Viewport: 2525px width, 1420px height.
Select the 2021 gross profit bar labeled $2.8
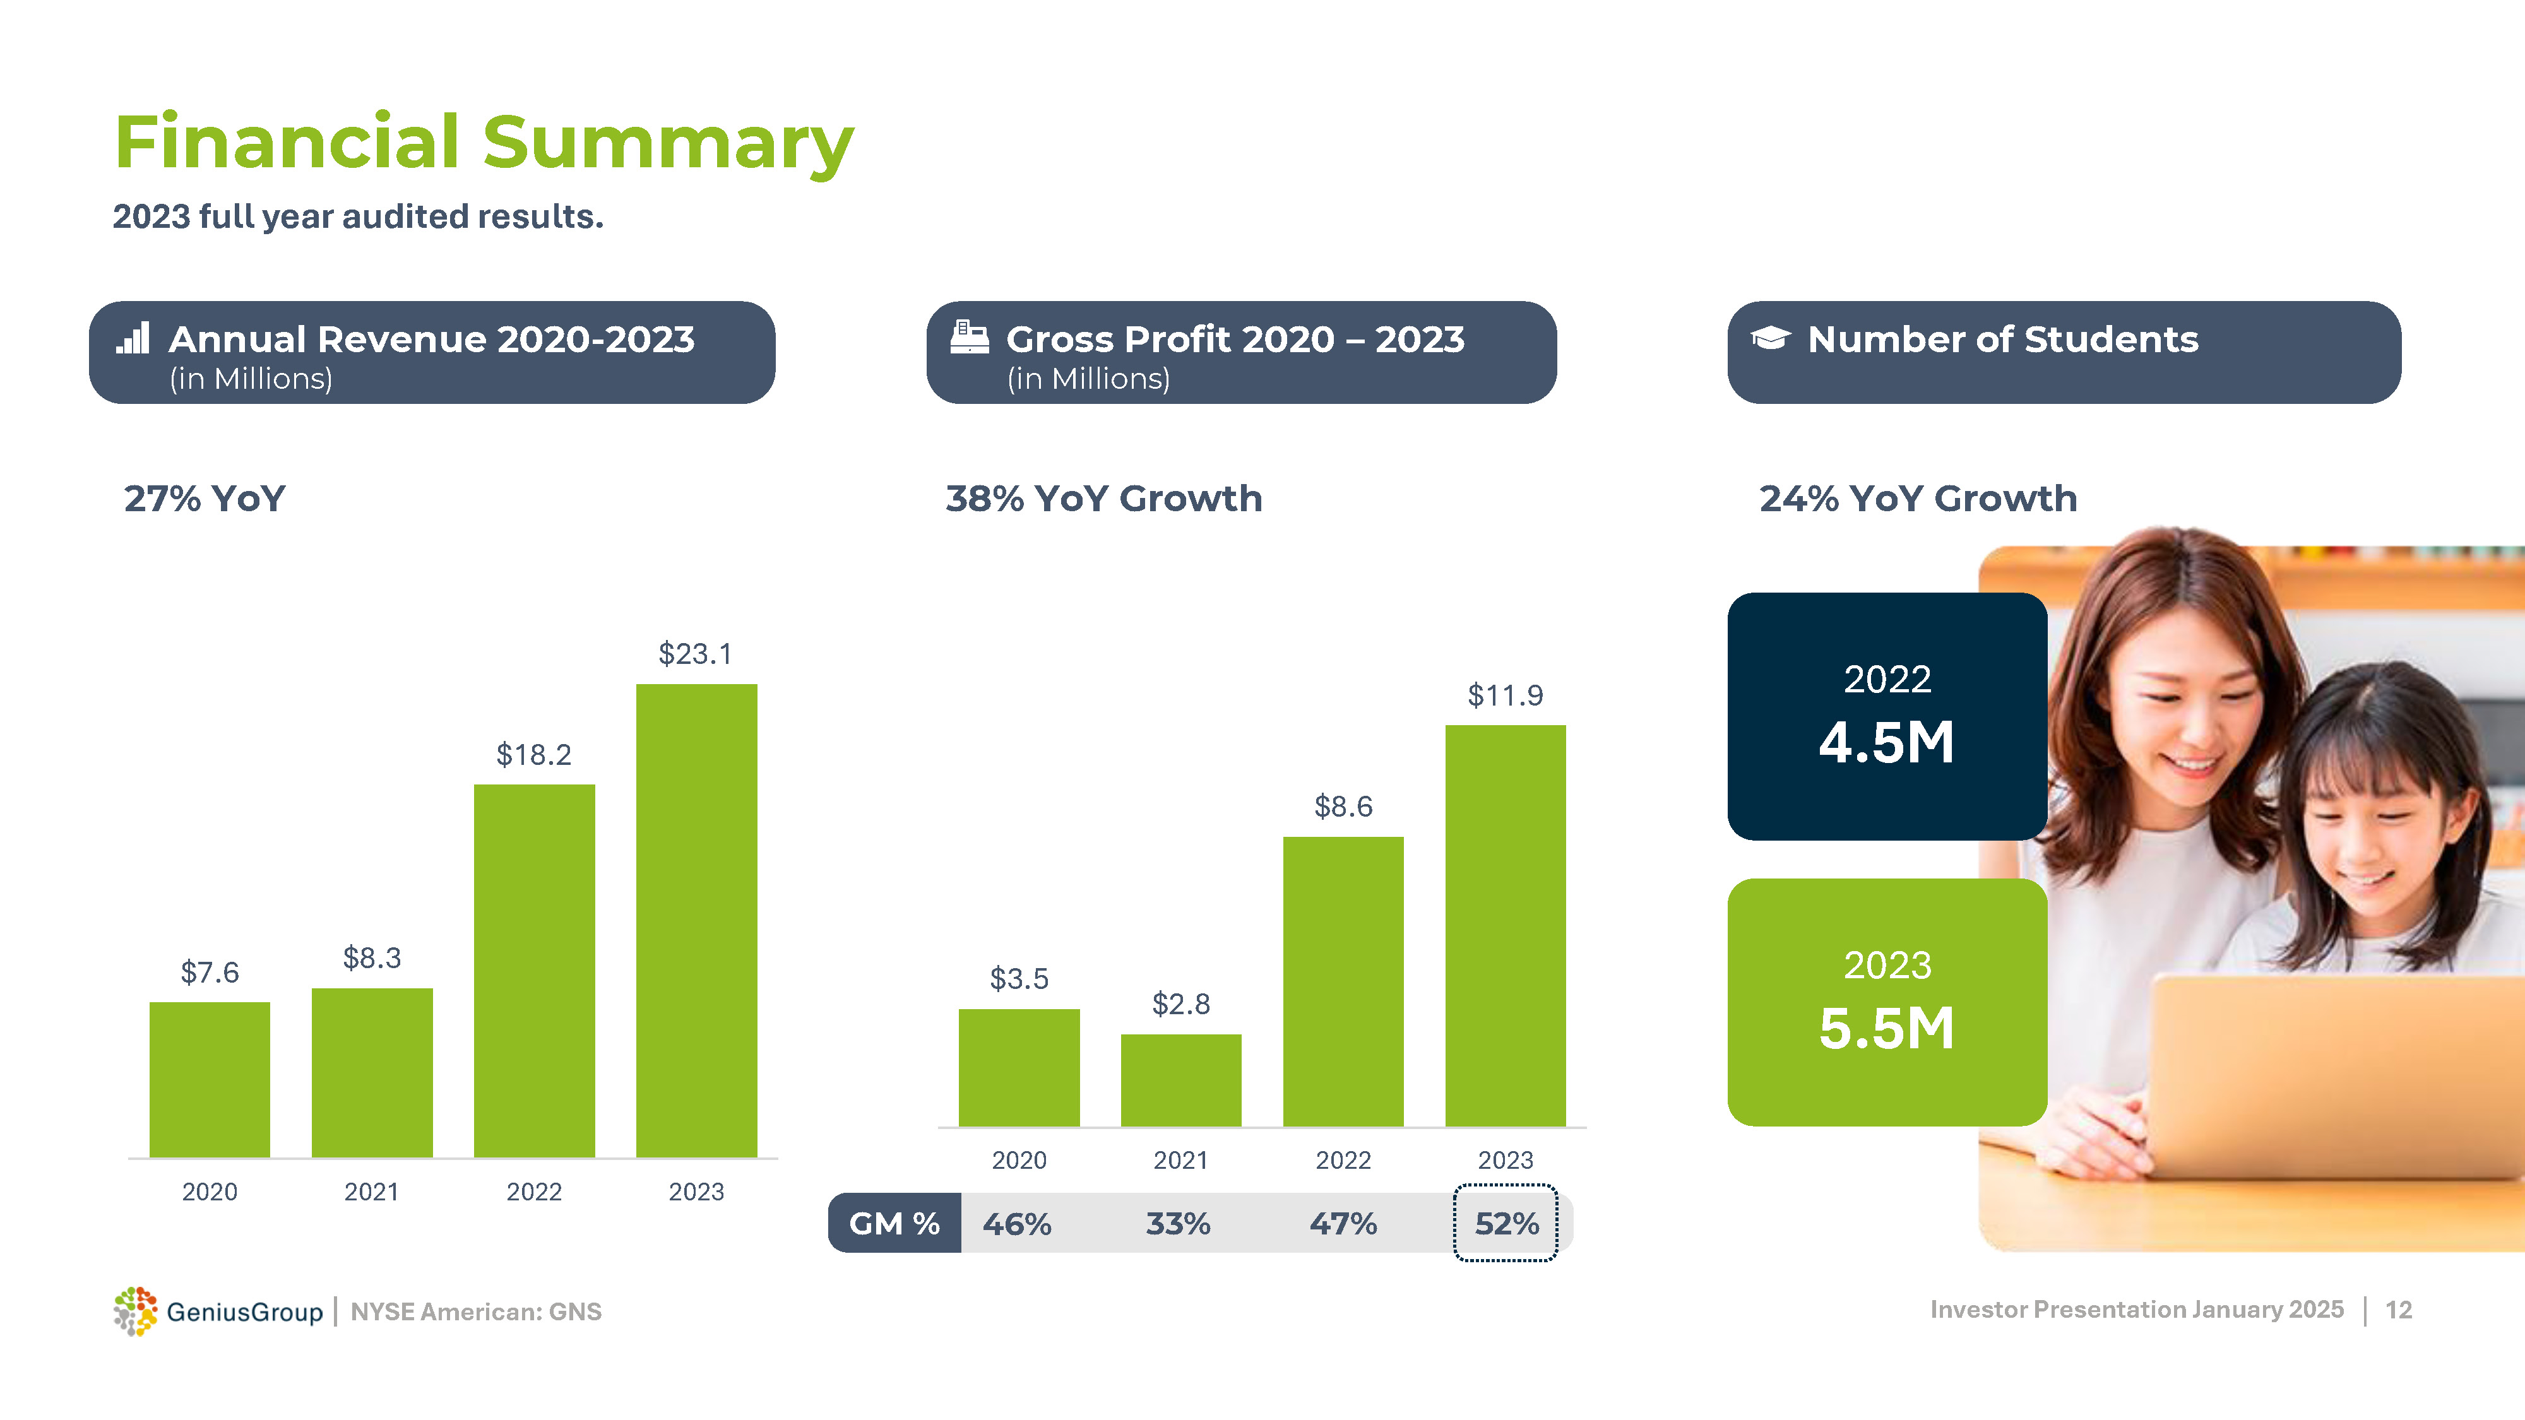1180,1080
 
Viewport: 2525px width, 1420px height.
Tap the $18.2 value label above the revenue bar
533,755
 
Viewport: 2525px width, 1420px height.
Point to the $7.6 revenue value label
210,972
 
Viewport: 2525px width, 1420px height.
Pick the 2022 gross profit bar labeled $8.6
1343,981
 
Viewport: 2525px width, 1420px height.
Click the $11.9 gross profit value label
1505,695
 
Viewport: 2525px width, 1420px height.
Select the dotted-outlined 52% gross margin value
1506,1223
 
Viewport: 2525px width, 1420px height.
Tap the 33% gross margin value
1178,1223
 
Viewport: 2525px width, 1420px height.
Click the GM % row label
894,1223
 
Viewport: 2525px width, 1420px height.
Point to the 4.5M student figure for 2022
1886,742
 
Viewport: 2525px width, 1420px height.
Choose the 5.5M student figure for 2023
1886,1028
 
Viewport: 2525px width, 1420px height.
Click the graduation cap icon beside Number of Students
1770,338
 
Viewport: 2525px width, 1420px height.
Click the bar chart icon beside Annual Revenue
133,338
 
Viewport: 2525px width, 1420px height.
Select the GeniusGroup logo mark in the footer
135,1311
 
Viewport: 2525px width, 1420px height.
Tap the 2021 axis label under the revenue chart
372,1192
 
